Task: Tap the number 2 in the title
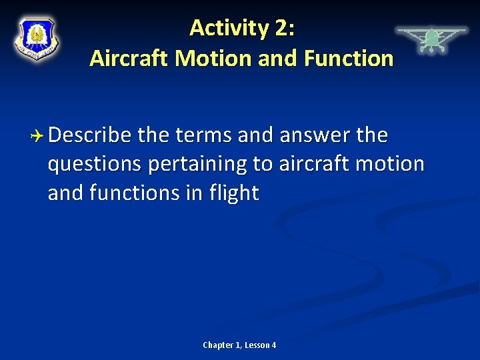point(280,28)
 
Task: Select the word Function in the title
point(349,58)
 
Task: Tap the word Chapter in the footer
point(218,345)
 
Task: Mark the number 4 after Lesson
point(273,345)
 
